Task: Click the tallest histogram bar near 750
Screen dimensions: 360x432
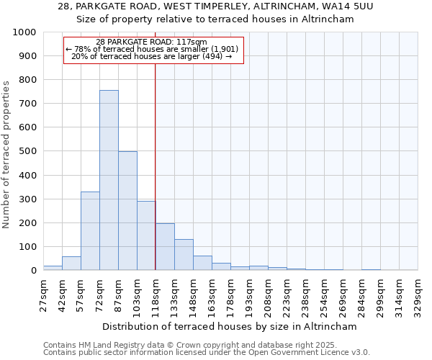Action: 109,180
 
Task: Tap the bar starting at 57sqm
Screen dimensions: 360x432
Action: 90,230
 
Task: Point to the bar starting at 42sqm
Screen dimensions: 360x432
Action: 71,264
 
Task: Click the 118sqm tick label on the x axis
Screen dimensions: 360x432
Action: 156,297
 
